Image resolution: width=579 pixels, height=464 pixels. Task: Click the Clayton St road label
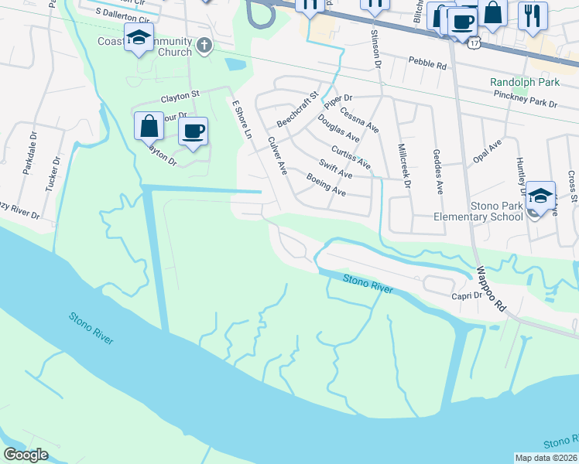click(x=180, y=97)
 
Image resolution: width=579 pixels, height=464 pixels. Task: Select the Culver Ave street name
click(x=276, y=155)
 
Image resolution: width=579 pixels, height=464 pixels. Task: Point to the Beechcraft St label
click(x=297, y=111)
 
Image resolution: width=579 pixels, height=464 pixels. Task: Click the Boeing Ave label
click(x=326, y=184)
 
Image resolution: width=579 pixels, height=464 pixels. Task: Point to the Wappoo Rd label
click(x=491, y=288)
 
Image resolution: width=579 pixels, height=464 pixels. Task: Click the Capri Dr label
click(x=468, y=295)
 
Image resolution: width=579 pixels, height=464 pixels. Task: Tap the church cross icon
click(x=204, y=45)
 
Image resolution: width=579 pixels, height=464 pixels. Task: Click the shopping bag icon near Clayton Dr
click(x=149, y=125)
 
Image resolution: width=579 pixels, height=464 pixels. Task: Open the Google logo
click(x=26, y=455)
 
